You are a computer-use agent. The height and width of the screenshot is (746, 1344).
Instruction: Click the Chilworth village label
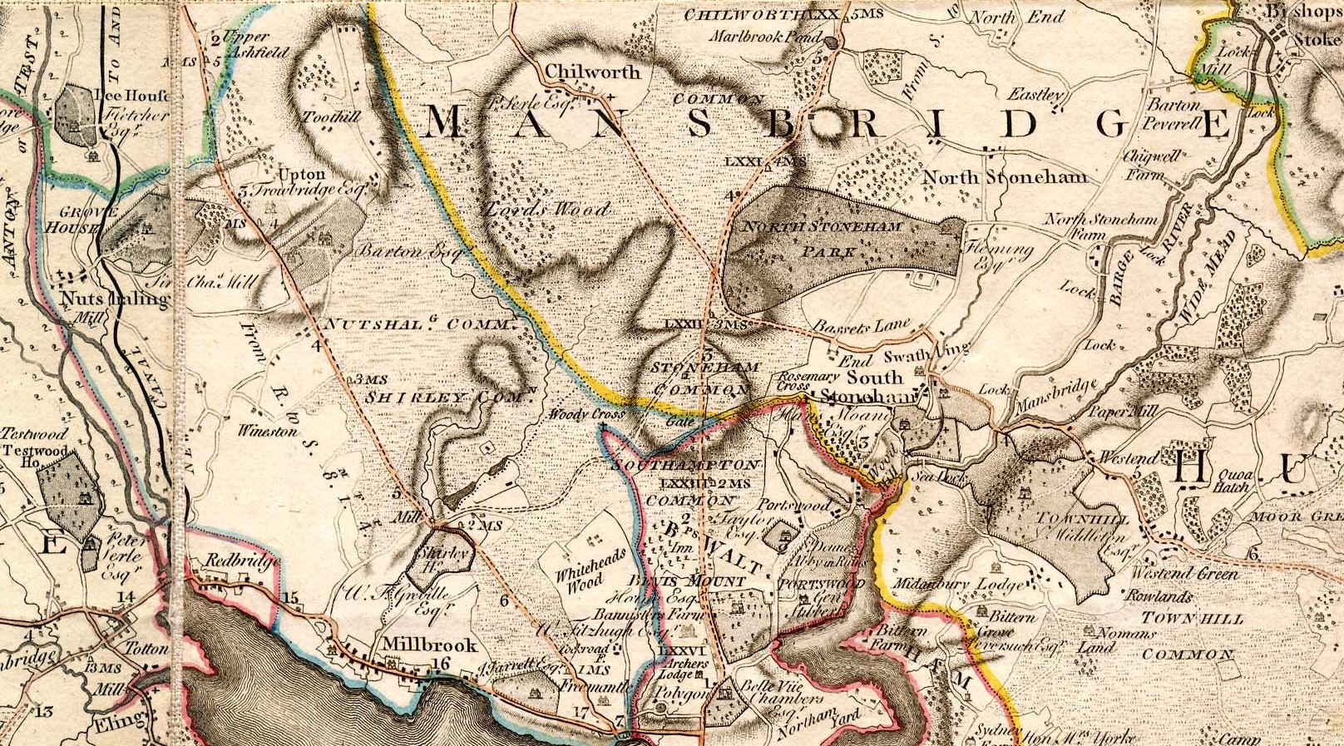(593, 72)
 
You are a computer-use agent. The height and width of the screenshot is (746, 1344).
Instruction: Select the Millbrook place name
(429, 645)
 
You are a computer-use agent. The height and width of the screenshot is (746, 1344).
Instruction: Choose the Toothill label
(333, 117)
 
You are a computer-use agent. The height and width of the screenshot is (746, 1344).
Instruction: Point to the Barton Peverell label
(1175, 114)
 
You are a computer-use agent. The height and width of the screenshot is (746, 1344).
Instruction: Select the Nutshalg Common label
(415, 324)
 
